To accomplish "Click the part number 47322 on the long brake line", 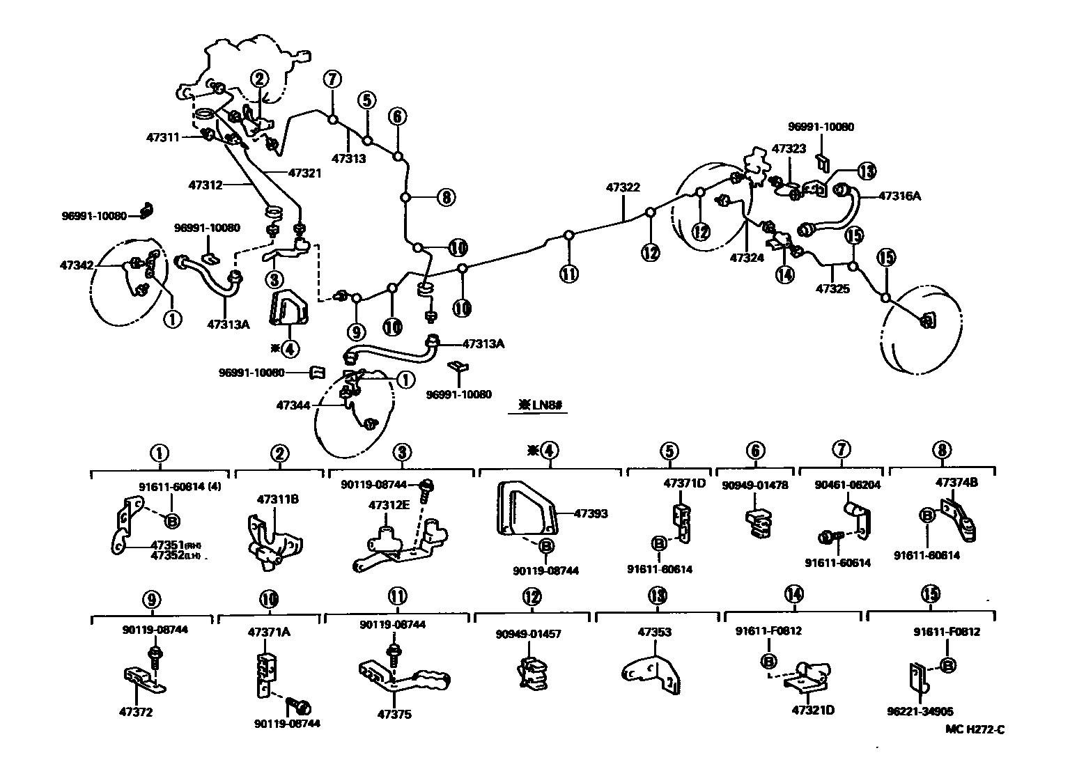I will [x=622, y=187].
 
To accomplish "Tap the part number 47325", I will [x=832, y=288].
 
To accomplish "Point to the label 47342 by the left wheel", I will [x=76, y=265].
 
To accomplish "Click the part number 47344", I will [x=293, y=404].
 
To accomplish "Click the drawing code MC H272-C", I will [x=975, y=729].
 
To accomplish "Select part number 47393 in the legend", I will [x=591, y=514].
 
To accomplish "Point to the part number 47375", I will [x=394, y=714].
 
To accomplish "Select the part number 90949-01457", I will [x=528, y=634].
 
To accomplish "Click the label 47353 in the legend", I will [x=655, y=632].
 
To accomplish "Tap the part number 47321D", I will [x=813, y=710].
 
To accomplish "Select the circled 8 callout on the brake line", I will [x=446, y=197].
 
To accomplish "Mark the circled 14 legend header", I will [x=793, y=594].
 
